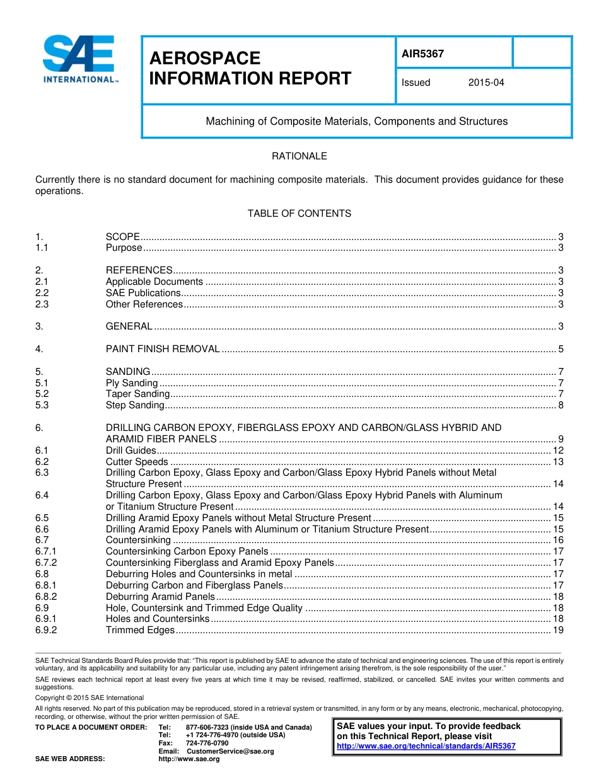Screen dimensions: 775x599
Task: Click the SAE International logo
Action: click(x=78, y=59)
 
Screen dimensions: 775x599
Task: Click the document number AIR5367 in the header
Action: click(x=422, y=54)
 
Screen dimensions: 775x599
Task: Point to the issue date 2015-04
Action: click(x=486, y=83)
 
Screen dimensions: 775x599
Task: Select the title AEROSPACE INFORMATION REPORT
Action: click(x=250, y=68)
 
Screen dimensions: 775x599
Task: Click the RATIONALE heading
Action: click(x=299, y=156)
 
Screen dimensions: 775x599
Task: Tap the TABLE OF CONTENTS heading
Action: click(x=299, y=214)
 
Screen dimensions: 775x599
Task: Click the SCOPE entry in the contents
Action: click(x=122, y=237)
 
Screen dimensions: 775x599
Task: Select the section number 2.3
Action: click(x=42, y=304)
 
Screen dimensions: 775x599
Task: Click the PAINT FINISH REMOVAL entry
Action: click(x=163, y=349)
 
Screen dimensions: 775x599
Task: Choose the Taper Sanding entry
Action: click(x=137, y=394)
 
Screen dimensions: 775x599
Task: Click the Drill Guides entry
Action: click(x=131, y=451)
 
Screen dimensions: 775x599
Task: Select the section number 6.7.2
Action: click(x=46, y=563)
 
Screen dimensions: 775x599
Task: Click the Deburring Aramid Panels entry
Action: click(x=160, y=597)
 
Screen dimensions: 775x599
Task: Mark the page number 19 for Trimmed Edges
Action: click(x=558, y=630)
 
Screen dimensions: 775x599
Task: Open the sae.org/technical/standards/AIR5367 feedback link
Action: click(x=426, y=746)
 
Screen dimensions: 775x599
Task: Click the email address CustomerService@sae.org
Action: click(x=230, y=751)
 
